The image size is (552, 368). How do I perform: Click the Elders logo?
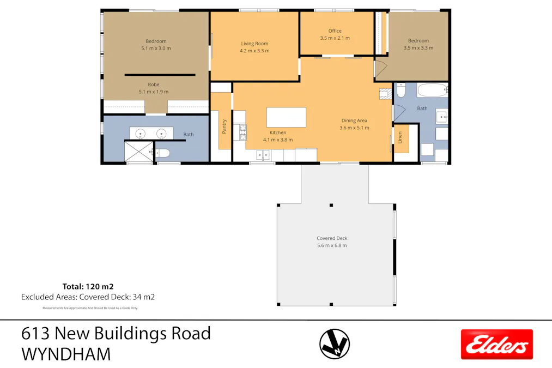(496, 345)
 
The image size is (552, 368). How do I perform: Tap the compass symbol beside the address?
(335, 344)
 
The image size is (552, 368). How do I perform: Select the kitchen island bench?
(286, 117)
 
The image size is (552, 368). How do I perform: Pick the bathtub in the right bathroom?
(432, 89)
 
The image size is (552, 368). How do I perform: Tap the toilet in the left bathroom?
(164, 153)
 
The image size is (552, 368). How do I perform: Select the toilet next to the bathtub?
(401, 90)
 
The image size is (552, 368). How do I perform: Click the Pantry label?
(224, 127)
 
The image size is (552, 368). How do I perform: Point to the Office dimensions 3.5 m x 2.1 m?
(335, 38)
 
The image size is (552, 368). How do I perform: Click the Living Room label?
(254, 44)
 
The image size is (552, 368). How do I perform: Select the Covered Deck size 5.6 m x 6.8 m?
(332, 245)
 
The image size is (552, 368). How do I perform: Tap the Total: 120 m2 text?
(88, 286)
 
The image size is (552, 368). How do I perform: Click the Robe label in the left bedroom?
(154, 85)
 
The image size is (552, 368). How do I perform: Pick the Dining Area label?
(354, 120)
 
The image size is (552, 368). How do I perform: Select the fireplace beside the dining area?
(386, 93)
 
